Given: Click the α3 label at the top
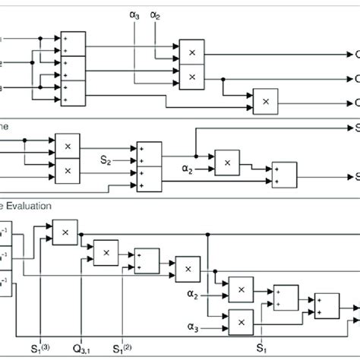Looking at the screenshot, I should (x=136, y=14).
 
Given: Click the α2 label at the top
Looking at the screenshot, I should (x=156, y=14).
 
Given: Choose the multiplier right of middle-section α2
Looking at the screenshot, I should (x=226, y=162).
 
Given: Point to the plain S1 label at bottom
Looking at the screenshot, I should (x=261, y=350).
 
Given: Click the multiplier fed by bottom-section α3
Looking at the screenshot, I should (x=240, y=321).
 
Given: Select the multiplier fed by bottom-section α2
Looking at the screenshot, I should (x=241, y=289).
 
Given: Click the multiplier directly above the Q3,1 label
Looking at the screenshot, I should (x=106, y=251).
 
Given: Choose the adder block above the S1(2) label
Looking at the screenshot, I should (x=147, y=260).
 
